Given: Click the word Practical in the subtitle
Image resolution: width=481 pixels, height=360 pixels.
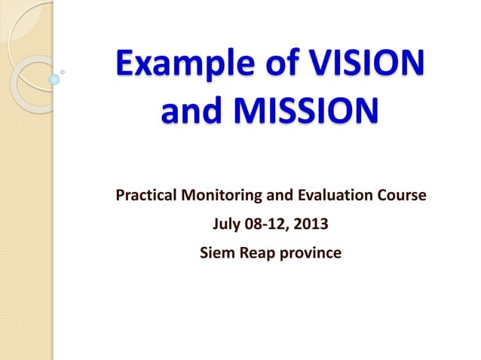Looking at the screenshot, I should [146, 197].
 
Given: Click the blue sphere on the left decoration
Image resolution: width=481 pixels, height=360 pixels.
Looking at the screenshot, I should [54, 78].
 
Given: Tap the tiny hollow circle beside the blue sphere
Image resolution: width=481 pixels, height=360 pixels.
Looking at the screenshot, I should [63, 72].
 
